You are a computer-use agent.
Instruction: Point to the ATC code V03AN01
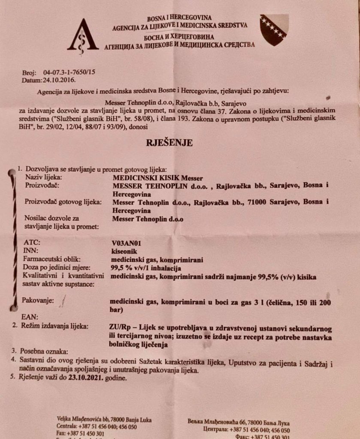click(127, 243)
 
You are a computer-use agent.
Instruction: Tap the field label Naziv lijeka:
click(43, 177)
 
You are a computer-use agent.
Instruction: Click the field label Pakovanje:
click(38, 301)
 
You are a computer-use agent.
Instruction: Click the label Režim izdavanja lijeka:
click(57, 327)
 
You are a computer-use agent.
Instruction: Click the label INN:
click(31, 251)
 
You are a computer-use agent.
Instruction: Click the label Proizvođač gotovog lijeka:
click(64, 202)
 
